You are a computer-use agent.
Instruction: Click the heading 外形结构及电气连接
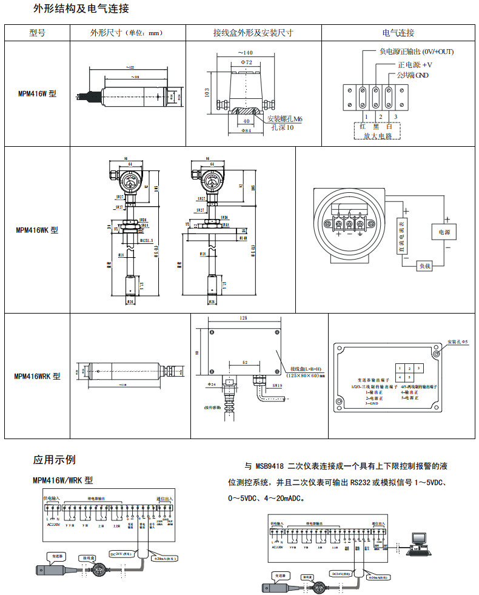point(81,9)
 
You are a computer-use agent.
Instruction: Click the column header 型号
point(37,33)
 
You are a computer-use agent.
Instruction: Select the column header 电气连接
point(398,33)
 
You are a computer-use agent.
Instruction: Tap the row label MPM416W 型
point(37,94)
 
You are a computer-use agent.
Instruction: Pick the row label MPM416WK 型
point(37,230)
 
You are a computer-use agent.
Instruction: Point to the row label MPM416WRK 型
point(38,376)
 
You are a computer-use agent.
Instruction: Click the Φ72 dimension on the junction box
point(246,62)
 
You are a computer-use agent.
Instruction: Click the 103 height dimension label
point(207,93)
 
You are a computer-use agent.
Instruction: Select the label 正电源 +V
point(415,65)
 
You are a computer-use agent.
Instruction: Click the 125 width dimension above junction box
point(244,318)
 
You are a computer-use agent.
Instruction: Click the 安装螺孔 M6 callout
point(285,119)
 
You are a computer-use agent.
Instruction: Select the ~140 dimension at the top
point(246,53)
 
